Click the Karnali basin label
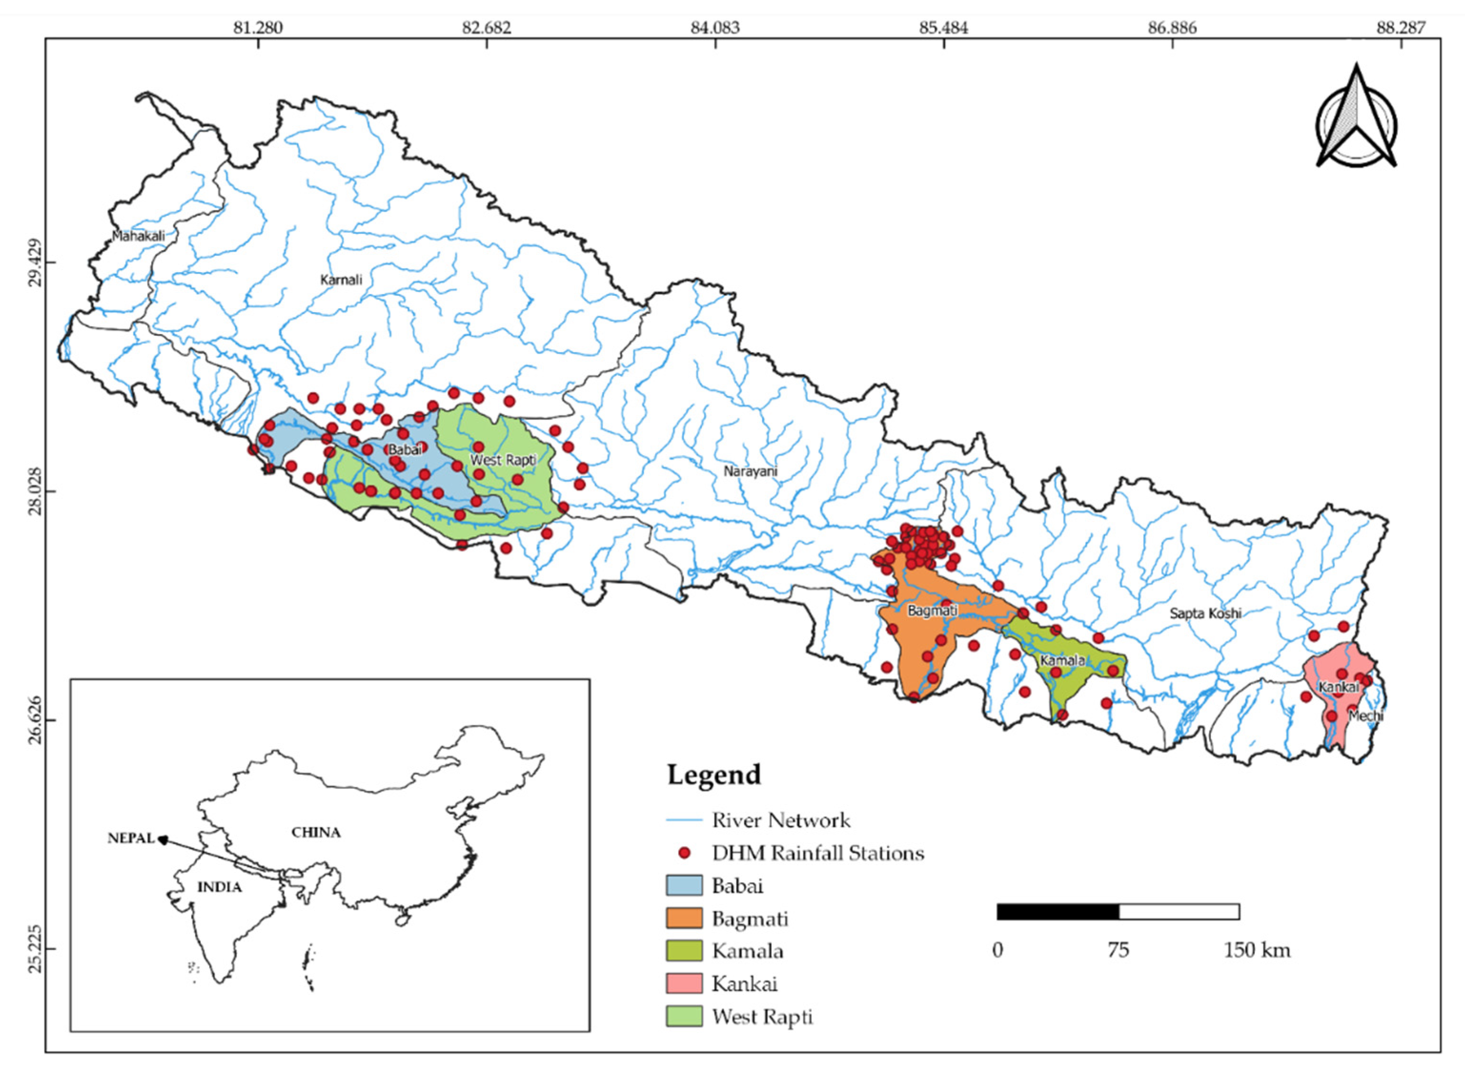pos(341,280)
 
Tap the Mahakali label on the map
pos(138,236)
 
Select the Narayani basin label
pos(750,471)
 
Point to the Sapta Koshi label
pos(1205,613)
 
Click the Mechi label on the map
pos(1365,716)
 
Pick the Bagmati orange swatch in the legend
pos(684,918)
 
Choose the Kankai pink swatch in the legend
pos(684,983)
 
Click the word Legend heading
pos(714,775)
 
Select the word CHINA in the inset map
pos(316,832)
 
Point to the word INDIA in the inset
pos(220,887)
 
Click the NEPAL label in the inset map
pos(131,838)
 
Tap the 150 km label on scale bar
pos(1256,950)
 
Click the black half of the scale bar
pos(1057,911)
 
